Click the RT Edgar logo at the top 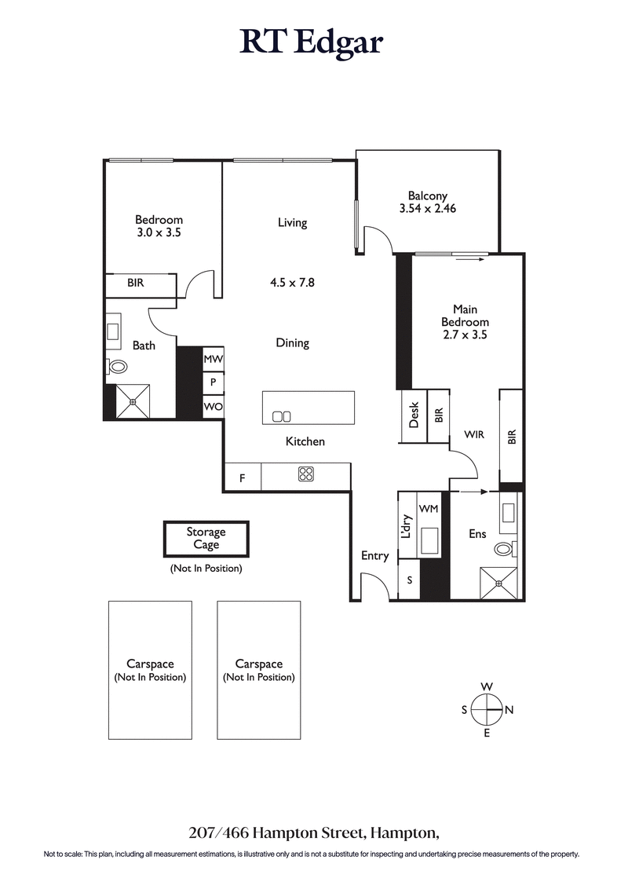click(312, 43)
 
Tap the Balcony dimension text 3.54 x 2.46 click(428, 209)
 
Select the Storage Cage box click(206, 538)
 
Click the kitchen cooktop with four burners click(306, 474)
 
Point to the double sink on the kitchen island click(281, 416)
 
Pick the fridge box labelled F click(243, 477)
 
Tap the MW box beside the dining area click(213, 359)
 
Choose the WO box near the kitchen click(213, 407)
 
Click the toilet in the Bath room click(119, 366)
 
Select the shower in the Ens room click(498, 583)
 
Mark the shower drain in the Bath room click(133, 402)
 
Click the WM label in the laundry click(429, 509)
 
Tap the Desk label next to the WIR click(414, 416)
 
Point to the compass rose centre click(487, 709)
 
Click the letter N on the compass click(509, 710)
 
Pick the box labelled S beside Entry click(409, 581)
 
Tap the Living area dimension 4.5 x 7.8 click(291, 283)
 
